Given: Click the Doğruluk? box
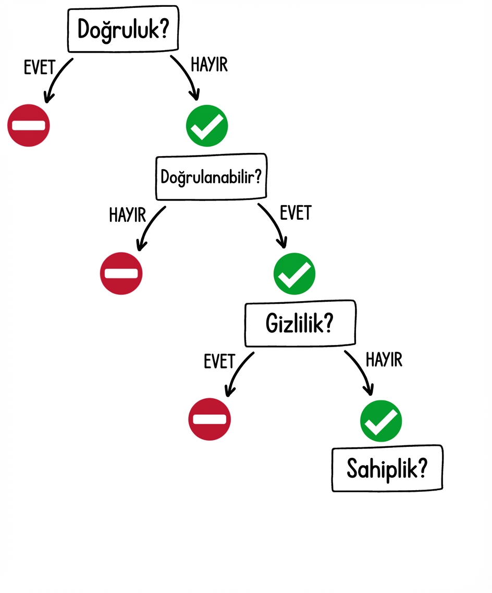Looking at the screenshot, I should pyautogui.click(x=123, y=30).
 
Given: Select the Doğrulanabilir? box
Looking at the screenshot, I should pyautogui.click(x=211, y=177).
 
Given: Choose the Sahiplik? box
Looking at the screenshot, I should pyautogui.click(x=387, y=469).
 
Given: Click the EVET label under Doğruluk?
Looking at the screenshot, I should pyautogui.click(x=40, y=68).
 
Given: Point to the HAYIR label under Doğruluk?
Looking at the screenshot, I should pyautogui.click(x=209, y=66).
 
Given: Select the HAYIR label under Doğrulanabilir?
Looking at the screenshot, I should pyautogui.click(x=127, y=215).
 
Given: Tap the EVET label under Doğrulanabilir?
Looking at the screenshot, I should pyautogui.click(x=296, y=213).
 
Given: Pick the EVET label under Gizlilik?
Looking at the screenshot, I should pyautogui.click(x=219, y=362).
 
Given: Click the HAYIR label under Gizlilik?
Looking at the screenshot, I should pyautogui.click(x=384, y=360).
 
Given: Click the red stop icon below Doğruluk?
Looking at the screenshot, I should pyautogui.click(x=29, y=125).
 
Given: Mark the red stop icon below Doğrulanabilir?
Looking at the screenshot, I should pyautogui.click(x=121, y=273).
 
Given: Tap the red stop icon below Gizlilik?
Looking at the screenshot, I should pyautogui.click(x=210, y=419).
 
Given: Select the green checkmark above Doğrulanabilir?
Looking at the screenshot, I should pyautogui.click(x=207, y=125).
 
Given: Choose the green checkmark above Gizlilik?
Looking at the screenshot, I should pyautogui.click(x=294, y=273).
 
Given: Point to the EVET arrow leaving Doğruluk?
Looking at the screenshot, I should pyautogui.click(x=56, y=78).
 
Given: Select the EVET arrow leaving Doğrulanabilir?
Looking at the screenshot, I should pyautogui.click(x=274, y=223).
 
